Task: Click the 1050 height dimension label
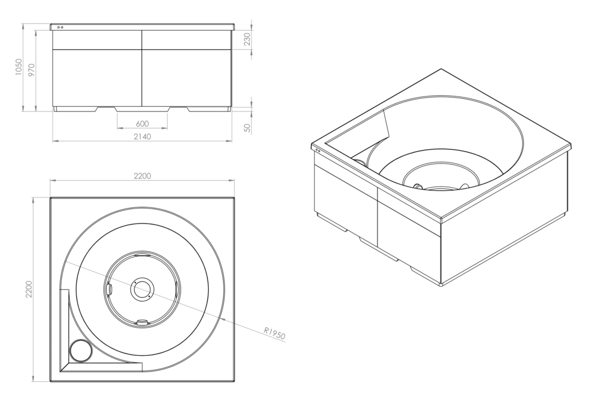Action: [x=19, y=67]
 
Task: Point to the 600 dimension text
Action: [x=142, y=124]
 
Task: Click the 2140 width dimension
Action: [x=142, y=136]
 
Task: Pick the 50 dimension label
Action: [x=247, y=128]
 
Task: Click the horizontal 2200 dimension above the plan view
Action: [x=142, y=176]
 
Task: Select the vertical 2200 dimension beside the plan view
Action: [x=29, y=289]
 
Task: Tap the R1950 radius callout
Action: [x=275, y=333]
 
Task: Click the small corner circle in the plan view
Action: [x=81, y=351]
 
